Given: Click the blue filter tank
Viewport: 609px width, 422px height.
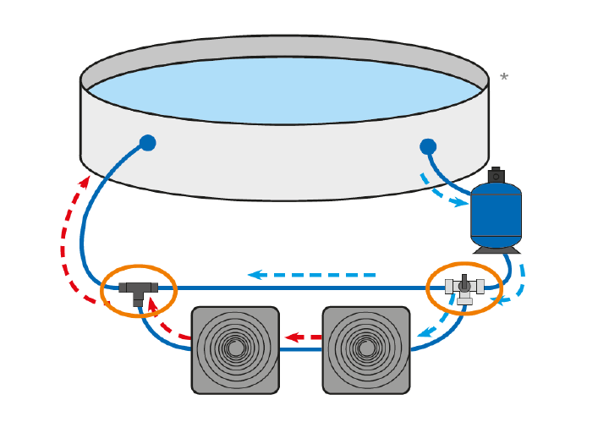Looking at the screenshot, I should (496, 215).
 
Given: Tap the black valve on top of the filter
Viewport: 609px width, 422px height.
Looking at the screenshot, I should (496, 175).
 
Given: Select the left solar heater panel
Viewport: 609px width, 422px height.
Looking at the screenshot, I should (235, 349).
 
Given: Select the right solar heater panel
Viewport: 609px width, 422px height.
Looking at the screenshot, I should (366, 349).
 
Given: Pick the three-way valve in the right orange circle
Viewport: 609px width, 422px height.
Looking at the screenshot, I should (464, 288).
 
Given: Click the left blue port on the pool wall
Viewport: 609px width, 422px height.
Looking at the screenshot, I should (147, 143).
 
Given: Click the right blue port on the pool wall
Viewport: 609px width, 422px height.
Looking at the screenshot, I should (428, 146).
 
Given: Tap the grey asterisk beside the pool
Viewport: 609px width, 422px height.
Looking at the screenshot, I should (504, 79).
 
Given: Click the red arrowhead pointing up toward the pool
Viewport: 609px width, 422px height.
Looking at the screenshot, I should (85, 181).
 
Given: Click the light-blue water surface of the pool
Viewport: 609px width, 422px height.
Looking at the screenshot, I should (284, 90).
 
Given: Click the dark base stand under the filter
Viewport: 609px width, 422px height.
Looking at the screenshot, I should (497, 249).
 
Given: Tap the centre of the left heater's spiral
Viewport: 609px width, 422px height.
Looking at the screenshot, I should (235, 348).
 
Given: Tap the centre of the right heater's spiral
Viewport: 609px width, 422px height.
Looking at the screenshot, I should (366, 348).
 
